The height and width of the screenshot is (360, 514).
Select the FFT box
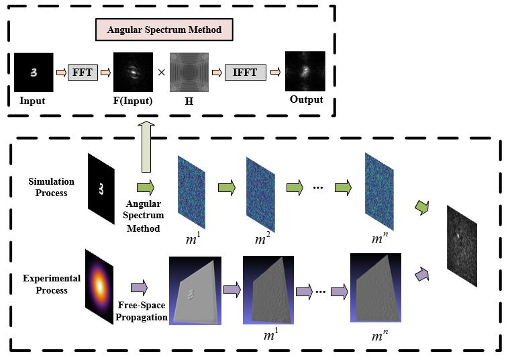pos(83,72)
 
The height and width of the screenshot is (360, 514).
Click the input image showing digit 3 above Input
pos(33,73)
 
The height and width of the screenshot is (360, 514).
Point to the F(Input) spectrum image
pos(132,73)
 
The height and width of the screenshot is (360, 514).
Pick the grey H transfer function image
pos(189,73)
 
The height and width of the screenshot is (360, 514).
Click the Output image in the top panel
pos(305,72)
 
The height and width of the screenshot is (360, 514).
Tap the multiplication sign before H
pos(161,73)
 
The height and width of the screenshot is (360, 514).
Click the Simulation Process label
pos(52,187)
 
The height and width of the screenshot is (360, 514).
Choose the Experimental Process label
pos(52,284)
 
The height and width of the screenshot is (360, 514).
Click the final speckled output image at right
pos(462,246)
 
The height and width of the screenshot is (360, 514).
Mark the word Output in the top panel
pos(306,100)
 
